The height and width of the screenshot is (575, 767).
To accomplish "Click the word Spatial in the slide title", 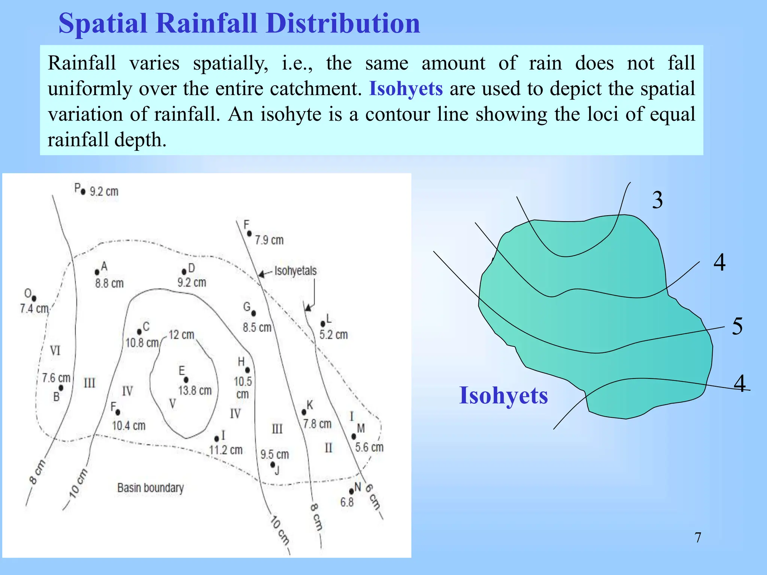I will (103, 23).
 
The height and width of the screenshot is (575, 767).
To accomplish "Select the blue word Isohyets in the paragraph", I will (406, 89).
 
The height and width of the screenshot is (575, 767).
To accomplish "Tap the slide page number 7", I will (698, 538).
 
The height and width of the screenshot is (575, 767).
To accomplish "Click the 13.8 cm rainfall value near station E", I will (195, 390).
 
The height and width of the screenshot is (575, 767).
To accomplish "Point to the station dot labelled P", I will (83, 192).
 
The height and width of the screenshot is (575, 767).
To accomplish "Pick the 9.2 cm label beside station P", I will (104, 192).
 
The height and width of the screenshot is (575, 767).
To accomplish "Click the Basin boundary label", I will (151, 488).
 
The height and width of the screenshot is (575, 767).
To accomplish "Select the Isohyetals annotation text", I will (295, 271).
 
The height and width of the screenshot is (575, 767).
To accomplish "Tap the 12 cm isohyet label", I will (182, 335).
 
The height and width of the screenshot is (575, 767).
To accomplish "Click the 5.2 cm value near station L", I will (333, 334).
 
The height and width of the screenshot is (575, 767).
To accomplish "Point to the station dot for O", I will (34, 298).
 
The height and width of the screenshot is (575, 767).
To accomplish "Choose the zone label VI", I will (55, 351).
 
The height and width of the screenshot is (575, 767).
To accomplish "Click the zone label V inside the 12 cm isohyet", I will (172, 404).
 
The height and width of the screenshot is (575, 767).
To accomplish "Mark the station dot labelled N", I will (351, 491).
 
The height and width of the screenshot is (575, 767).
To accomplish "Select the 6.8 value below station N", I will (347, 502).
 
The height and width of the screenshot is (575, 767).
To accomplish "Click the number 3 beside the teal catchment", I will (657, 200).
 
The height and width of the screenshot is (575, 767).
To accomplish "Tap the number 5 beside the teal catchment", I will (737, 326).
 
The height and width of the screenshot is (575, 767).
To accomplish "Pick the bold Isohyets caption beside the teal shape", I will (503, 395).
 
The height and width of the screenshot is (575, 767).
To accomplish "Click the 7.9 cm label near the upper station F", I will (269, 240).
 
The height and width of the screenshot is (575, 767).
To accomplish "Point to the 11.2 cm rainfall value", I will (226, 450).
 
